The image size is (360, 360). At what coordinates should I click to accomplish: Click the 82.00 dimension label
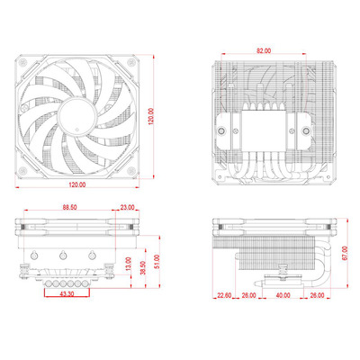click(264, 50)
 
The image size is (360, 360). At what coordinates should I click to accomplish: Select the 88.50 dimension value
click(69, 207)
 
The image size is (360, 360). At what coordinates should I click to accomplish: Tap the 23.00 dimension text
click(127, 207)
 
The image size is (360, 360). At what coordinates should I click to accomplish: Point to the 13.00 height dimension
click(129, 265)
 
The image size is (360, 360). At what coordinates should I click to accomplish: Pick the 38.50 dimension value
click(143, 268)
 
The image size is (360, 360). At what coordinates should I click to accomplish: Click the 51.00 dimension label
click(157, 262)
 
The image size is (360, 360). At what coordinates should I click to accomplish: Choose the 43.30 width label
click(67, 294)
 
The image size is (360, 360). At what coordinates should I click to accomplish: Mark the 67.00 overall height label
click(345, 253)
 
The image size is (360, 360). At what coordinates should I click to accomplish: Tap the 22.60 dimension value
click(224, 295)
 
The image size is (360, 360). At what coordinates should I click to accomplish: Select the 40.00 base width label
click(283, 295)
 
